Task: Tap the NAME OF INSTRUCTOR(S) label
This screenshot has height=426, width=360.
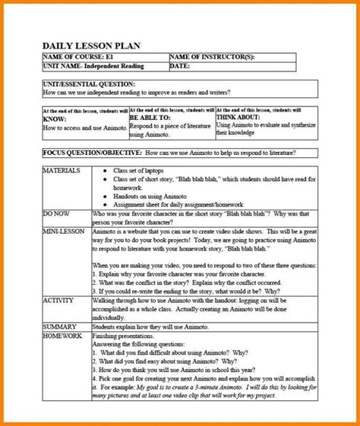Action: coord(212,58)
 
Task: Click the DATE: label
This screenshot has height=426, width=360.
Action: coord(180,67)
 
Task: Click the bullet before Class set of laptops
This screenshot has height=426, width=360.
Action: coord(104,172)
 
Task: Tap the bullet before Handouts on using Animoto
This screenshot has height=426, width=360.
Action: coord(104,197)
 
